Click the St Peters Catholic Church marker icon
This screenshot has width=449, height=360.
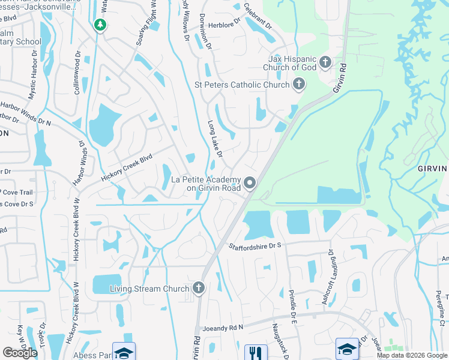[298, 85]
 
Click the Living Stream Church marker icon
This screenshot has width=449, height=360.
[199, 289]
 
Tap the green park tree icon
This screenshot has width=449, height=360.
[100, 25]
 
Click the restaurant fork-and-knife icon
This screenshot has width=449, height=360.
[256, 352]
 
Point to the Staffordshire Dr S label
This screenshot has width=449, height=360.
[256, 246]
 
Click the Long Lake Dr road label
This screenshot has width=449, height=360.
[215, 139]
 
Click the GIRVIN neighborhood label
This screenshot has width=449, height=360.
[433, 169]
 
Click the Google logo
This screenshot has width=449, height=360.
[20, 353]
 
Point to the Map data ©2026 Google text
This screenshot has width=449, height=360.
[411, 355]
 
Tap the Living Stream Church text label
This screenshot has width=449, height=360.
[150, 289]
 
